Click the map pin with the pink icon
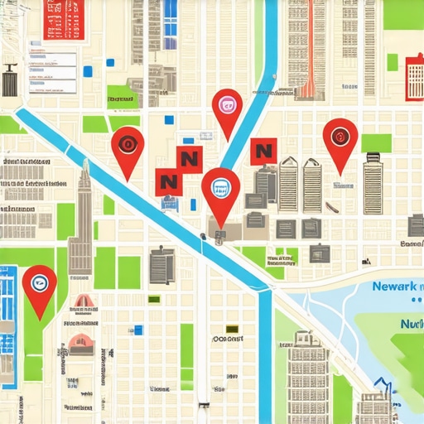(227, 106)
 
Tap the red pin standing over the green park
(39, 284)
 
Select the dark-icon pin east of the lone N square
(340, 136)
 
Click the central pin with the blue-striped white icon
(220, 188)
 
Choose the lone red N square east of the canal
(263, 152)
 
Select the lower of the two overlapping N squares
(168, 181)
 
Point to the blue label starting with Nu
(410, 325)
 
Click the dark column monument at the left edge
(10, 81)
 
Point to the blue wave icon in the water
(383, 385)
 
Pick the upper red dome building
(84, 302)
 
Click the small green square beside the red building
(392, 63)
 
